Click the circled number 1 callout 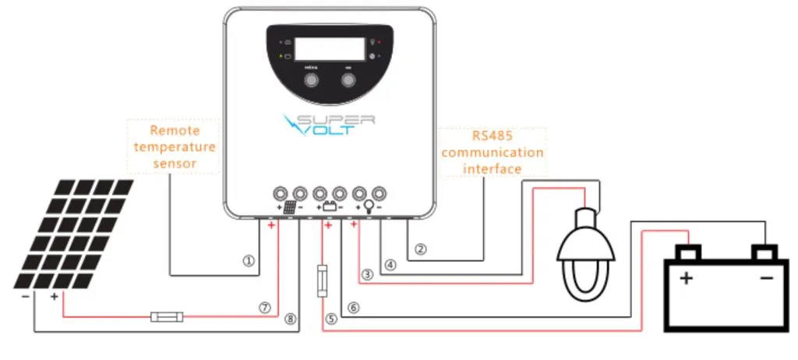[249, 262]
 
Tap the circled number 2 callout [421, 250]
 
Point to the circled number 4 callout [390, 264]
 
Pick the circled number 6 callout [354, 308]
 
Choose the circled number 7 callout [266, 308]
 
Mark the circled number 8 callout [290, 318]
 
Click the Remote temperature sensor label [174, 146]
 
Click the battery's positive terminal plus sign [687, 278]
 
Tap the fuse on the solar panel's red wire [167, 317]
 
